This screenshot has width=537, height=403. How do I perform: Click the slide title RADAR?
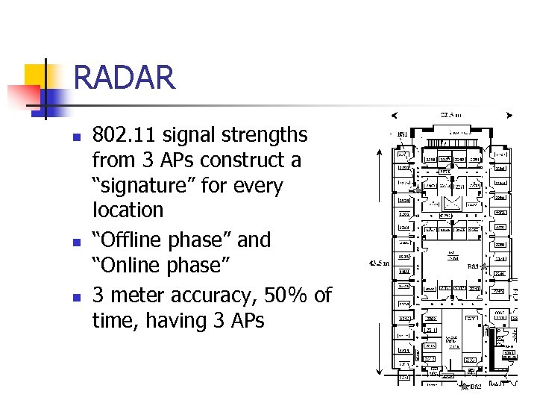(125, 78)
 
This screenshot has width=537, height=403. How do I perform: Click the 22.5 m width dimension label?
(450, 115)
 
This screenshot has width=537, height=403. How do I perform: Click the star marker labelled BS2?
(464, 387)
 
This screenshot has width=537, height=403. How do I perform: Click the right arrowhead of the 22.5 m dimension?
(509, 116)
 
